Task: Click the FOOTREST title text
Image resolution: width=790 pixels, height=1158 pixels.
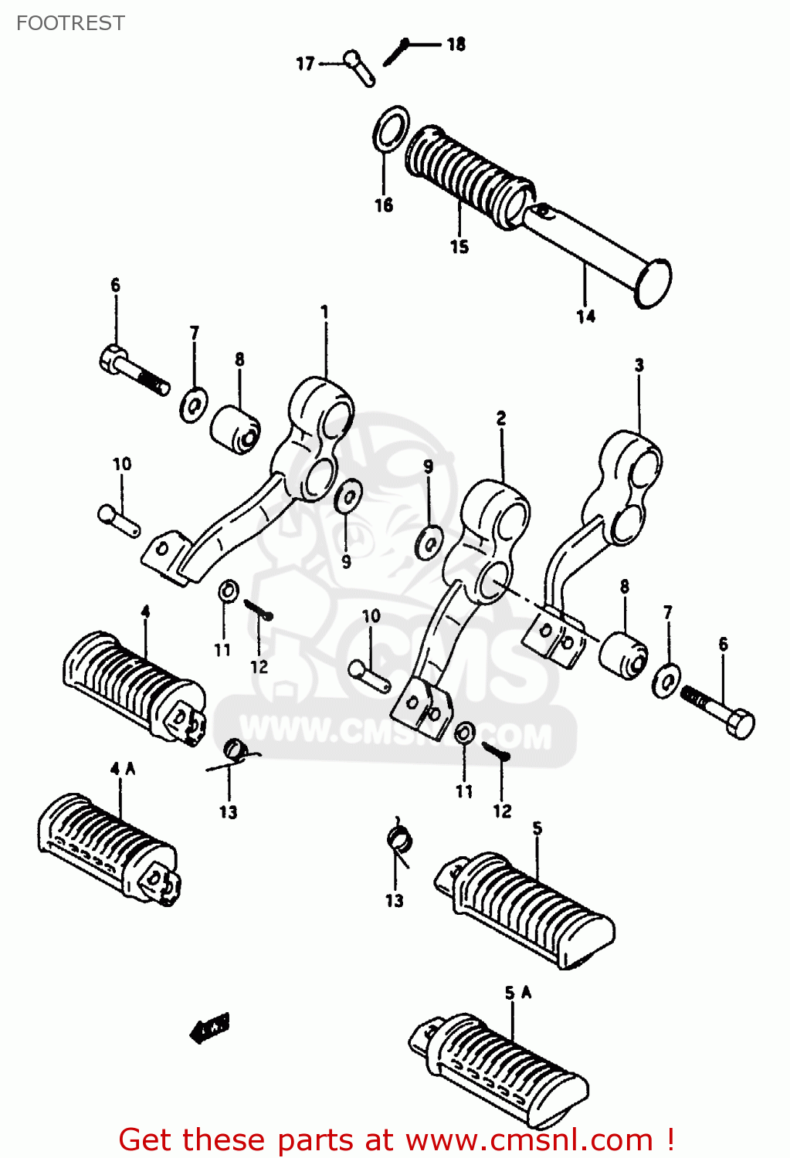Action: (70, 23)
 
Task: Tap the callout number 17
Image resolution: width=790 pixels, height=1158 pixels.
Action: (306, 63)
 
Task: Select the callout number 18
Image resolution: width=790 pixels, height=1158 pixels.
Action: (456, 44)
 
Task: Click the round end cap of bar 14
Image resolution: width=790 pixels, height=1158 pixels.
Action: (653, 283)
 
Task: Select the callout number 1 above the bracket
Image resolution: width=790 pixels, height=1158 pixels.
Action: (324, 311)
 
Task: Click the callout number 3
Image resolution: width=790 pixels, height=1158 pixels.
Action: (639, 364)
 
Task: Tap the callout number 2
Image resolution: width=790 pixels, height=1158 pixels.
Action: (501, 418)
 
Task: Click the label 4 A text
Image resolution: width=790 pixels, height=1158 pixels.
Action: (122, 768)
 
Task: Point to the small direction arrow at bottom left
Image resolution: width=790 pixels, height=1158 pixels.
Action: (210, 1028)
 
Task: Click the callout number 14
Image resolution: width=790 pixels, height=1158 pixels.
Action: (585, 316)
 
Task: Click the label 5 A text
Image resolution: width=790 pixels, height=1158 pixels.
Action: (518, 993)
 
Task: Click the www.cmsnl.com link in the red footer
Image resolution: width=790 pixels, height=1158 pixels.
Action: (529, 1139)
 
